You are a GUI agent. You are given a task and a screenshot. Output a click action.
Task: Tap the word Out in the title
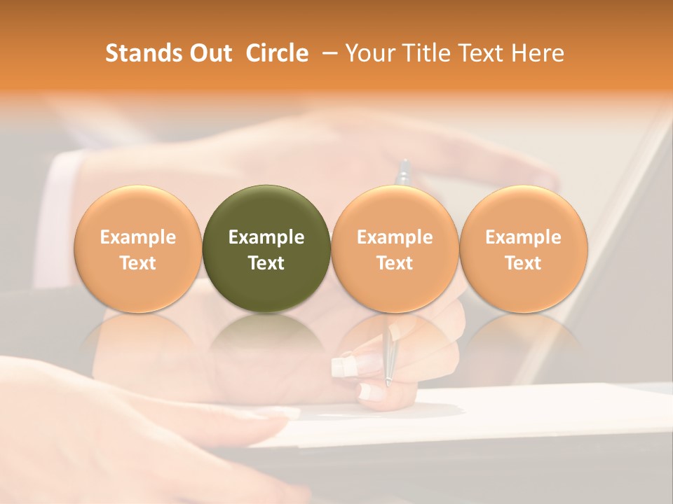pos(210,53)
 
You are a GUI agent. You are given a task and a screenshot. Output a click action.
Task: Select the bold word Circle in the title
pos(277,53)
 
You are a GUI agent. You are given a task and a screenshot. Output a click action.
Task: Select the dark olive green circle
pos(266,248)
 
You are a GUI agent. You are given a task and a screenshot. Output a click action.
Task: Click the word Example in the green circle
pos(266,237)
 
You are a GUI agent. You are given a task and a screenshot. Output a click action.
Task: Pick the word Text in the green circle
pos(266,263)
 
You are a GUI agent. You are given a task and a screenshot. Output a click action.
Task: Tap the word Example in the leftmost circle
pos(137,237)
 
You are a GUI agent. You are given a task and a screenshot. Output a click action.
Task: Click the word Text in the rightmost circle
pos(523,263)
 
